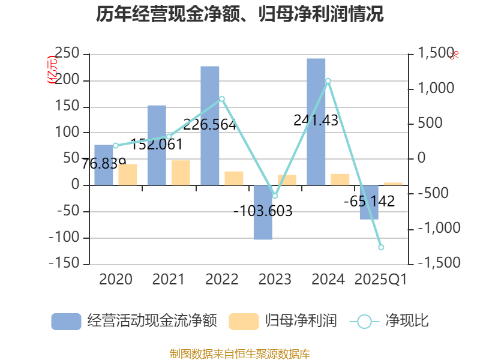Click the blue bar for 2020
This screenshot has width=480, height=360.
(x=104, y=165)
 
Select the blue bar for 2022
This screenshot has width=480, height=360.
(x=210, y=125)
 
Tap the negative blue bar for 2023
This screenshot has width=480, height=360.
(x=263, y=212)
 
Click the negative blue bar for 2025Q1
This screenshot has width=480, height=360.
(x=369, y=202)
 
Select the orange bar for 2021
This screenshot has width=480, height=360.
(x=181, y=173)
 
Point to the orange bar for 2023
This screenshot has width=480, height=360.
(x=287, y=180)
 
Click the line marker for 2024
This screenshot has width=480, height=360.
(x=328, y=80)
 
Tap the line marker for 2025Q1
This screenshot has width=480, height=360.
(x=381, y=247)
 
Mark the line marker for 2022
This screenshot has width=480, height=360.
(x=222, y=99)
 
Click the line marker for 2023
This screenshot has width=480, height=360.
(x=275, y=196)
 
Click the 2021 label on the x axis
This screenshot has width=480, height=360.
(x=169, y=279)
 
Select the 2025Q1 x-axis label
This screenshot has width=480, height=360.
(x=381, y=279)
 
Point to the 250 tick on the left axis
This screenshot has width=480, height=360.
(x=67, y=54)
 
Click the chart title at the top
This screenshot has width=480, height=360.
(x=240, y=14)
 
